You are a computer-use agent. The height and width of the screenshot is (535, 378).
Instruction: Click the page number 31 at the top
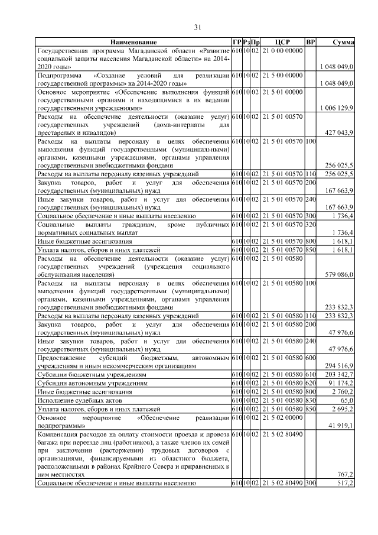pos(198,27)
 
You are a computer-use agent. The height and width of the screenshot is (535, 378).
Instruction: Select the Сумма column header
pos(343,43)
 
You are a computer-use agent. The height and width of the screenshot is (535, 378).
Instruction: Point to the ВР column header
pos(311,43)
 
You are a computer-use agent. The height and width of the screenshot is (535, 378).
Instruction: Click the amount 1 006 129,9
pos(336,108)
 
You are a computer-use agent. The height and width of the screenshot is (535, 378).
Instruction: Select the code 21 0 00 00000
pos(282,51)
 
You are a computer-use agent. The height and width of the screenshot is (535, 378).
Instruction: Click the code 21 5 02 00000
pos(282,417)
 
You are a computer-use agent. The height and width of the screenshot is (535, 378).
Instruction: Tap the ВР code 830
pos(311,400)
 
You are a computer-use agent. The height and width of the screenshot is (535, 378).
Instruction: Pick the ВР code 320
pos(311,225)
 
